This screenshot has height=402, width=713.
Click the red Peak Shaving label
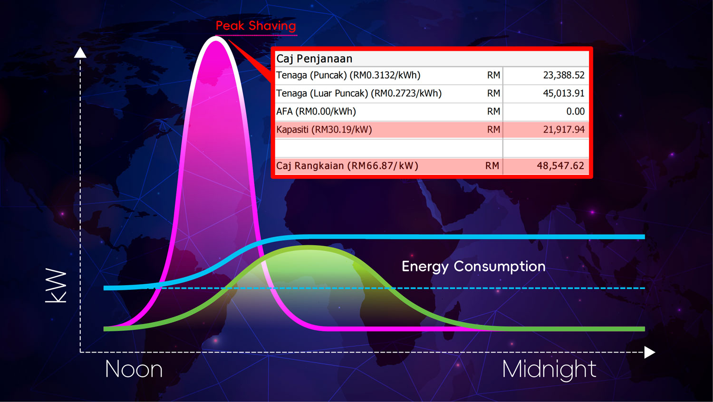[256, 26]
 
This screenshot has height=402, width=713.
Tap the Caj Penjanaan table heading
[314, 59]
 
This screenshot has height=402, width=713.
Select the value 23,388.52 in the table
[564, 75]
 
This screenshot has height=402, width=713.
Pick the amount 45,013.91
[564, 93]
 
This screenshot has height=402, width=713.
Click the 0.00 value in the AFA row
[576, 111]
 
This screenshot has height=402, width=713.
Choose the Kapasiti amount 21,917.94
[564, 130]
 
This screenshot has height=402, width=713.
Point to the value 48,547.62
[560, 166]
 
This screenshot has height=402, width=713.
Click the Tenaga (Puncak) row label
[348, 76]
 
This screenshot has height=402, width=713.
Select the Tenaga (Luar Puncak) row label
[359, 94]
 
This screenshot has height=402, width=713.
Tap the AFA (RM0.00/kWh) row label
[316, 112]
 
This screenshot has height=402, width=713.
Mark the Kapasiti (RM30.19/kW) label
[324, 130]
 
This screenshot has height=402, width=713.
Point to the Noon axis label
[134, 370]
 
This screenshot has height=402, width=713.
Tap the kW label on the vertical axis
[56, 286]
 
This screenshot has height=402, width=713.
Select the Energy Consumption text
[473, 267]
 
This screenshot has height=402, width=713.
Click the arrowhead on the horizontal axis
[650, 353]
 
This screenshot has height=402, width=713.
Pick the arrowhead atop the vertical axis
[80, 53]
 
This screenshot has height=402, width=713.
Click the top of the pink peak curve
[216, 38]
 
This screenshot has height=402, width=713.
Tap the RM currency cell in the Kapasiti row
[493, 130]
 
